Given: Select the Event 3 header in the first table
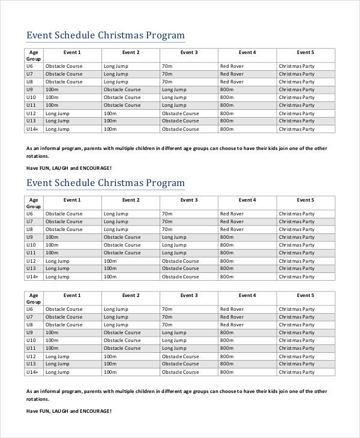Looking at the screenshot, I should tap(188, 53).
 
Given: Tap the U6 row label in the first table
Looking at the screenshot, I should tap(29, 66).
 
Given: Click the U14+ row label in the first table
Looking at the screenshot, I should tap(32, 129).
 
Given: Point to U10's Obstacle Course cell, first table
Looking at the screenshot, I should tap(122, 97).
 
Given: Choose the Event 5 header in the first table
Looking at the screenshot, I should tap(305, 53).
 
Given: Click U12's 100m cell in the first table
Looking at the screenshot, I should tap(110, 113).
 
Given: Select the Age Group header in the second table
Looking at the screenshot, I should tap(34, 203).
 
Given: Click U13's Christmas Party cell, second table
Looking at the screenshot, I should tap(296, 269).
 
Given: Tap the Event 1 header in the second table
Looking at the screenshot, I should tap(71, 200).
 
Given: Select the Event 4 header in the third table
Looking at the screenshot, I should tap(247, 295).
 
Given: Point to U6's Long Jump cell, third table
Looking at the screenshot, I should tap(115, 309).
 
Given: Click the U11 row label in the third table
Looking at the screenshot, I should tap(31, 348).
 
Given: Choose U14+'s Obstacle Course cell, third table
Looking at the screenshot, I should tap(180, 372).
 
